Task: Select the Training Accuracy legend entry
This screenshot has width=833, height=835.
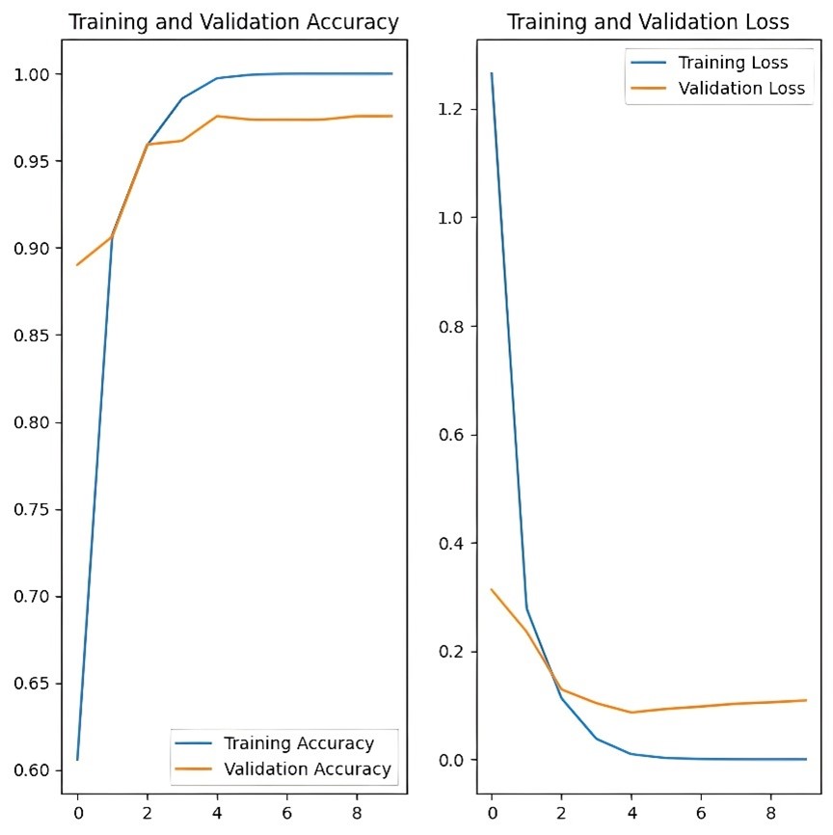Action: click(x=298, y=743)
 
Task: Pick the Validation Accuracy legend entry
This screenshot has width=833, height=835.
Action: click(x=307, y=768)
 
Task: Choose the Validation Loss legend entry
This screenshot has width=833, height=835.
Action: click(x=741, y=89)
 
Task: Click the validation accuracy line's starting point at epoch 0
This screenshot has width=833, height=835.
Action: click(x=77, y=264)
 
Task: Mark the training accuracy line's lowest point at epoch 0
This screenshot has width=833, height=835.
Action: click(x=77, y=760)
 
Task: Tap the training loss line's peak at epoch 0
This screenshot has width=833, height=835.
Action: click(x=492, y=73)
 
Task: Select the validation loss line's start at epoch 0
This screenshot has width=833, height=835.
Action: click(x=492, y=589)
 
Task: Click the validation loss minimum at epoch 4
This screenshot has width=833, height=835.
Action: click(x=631, y=713)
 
